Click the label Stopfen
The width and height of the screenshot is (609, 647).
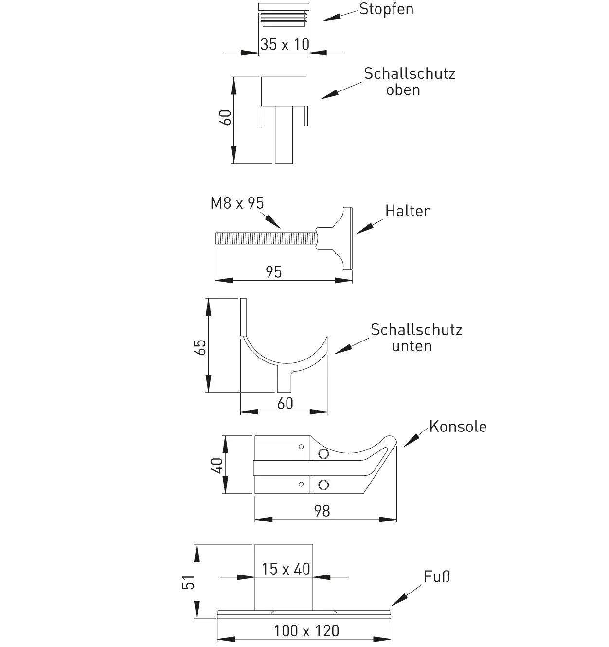(386, 9)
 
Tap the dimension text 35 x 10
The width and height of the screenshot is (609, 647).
(285, 44)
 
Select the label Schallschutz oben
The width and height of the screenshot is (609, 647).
(409, 81)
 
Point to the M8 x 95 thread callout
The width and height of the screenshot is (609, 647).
(237, 203)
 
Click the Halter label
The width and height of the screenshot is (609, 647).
(408, 211)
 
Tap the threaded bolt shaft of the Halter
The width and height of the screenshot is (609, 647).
(265, 238)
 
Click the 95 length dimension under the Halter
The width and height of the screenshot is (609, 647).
(274, 272)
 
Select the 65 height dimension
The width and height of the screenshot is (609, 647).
(200, 347)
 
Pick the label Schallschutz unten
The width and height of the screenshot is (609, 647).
(416, 338)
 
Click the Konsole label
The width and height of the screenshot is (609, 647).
(458, 427)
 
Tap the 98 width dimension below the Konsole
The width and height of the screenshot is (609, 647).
(322, 511)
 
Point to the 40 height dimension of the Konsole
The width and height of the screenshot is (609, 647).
(217, 466)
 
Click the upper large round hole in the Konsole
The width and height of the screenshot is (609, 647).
(323, 454)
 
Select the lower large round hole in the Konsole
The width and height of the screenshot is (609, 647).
(323, 485)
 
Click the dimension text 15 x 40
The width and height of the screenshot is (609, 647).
(286, 569)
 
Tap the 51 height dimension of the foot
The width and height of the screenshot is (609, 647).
(188, 582)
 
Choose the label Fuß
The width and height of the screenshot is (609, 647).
(436, 577)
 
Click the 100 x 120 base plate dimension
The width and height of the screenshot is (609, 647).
(306, 631)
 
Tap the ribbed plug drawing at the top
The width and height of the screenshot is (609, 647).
(284, 14)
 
